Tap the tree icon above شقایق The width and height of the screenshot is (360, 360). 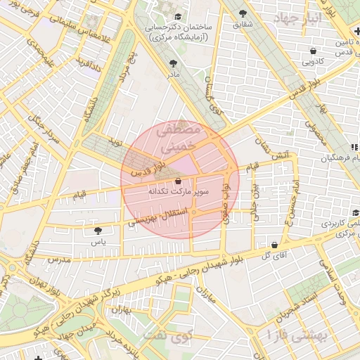coord(243,13)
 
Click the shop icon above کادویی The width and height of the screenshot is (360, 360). coord(313,51)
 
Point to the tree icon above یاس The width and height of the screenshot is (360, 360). coord(98,230)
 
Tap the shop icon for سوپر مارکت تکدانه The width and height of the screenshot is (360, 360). coord(167,180)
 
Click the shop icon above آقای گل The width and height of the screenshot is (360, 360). coord(273,245)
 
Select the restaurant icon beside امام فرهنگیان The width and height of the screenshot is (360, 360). coord(355,147)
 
